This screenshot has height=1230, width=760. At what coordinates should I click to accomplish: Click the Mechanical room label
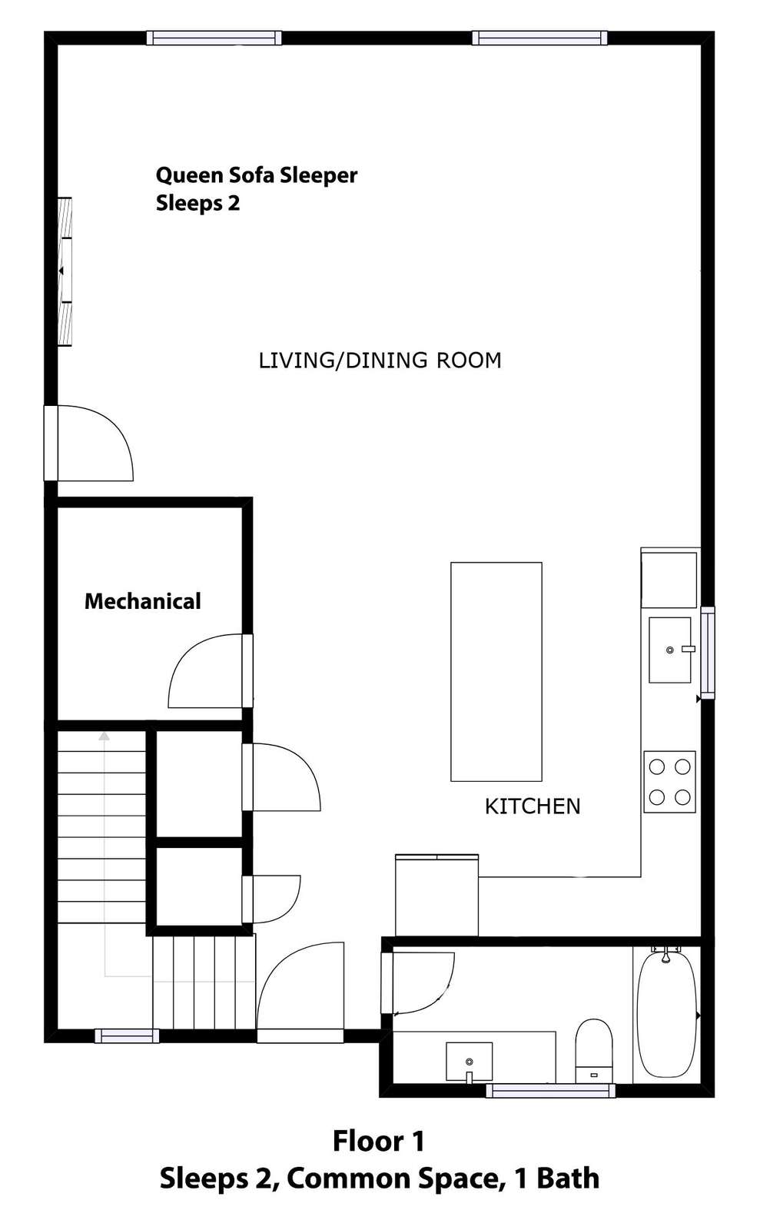[143, 601]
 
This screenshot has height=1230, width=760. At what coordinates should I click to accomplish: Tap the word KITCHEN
[533, 806]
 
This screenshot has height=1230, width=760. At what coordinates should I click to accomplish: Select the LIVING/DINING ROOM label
[380, 361]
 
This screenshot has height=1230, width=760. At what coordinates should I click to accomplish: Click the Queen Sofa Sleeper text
[256, 176]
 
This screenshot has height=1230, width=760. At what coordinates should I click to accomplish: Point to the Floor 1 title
[379, 1141]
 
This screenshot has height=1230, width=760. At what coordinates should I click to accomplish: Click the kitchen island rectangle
[496, 672]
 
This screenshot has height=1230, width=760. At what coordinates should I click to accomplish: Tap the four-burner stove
[669, 781]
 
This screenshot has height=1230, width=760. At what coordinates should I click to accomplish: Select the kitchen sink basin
[669, 650]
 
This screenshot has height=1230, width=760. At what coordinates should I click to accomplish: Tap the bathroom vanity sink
[469, 1062]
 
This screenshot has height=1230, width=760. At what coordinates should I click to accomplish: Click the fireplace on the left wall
[65, 271]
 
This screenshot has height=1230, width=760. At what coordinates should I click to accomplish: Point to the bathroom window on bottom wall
[550, 1091]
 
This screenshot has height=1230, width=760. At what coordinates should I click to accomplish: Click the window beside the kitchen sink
[708, 653]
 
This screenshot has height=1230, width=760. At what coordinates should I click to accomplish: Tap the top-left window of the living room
[214, 38]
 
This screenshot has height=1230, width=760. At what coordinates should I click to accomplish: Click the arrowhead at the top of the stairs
[104, 736]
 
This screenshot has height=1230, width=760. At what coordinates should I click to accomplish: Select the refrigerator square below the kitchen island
[436, 895]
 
